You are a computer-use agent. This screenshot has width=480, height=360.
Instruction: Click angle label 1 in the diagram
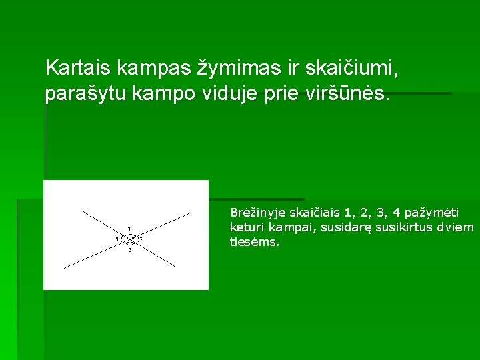tap(129, 228)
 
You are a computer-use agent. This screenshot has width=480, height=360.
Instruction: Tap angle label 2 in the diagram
tap(141, 239)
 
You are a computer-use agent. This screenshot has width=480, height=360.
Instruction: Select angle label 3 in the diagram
tap(130, 250)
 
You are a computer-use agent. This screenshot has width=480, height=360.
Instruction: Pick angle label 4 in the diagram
tap(117, 238)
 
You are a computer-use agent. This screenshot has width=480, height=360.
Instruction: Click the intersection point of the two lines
tap(129, 239)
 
